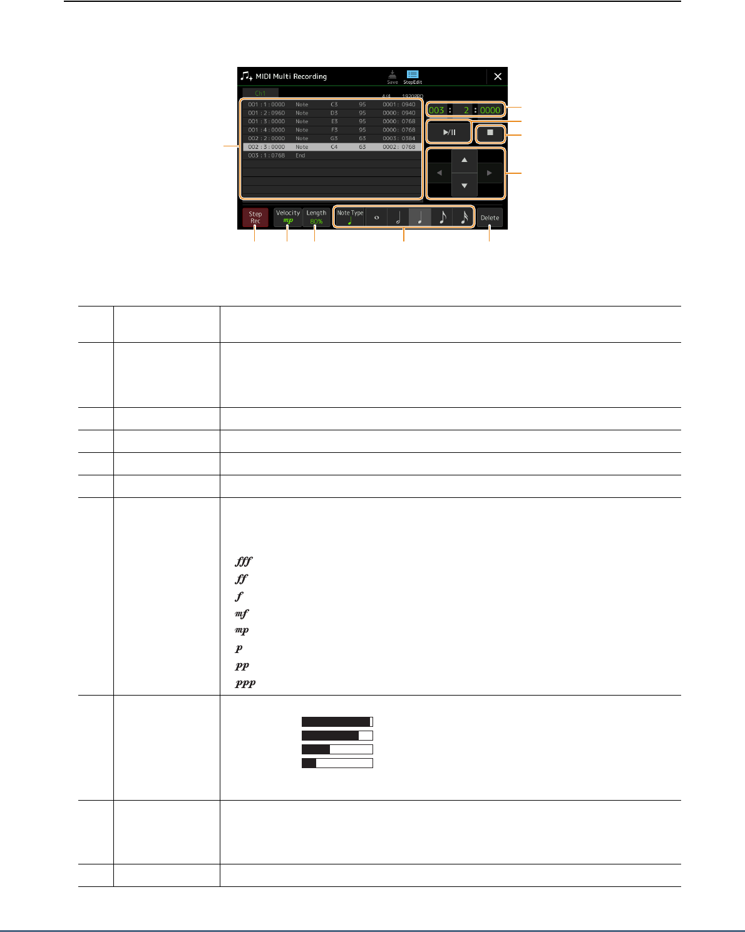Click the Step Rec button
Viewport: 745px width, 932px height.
pos(255,217)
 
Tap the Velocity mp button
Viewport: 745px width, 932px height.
pos(288,216)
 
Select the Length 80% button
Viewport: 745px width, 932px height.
pos(316,216)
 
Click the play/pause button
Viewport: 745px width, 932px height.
pos(449,133)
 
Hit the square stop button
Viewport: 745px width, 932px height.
pos(490,133)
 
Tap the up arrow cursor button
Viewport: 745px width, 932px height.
pos(464,160)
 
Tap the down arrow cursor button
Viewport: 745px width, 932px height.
pos(464,186)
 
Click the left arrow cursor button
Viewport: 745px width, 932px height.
pos(439,173)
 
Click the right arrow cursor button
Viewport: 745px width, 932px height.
pos(490,173)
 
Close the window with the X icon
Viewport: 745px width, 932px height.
pos(498,76)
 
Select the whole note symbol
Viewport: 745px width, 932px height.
pos(376,218)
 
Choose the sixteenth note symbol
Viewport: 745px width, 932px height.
pos(464,217)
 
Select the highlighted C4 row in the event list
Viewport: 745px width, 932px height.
pos(332,147)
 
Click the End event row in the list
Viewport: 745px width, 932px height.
pos(301,155)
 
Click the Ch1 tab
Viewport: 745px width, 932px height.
pos(260,93)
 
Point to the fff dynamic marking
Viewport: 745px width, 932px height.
pos(243,562)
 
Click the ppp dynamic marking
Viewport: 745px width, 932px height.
pos(245,684)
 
